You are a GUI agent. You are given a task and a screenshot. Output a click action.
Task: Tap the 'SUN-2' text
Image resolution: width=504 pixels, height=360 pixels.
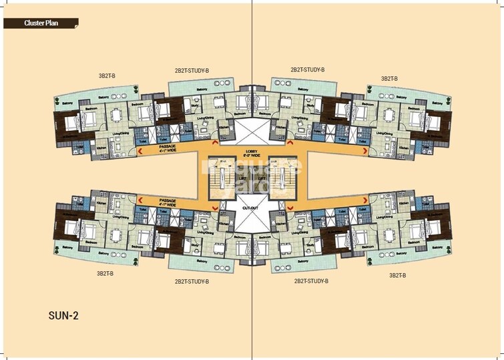(x=63, y=315)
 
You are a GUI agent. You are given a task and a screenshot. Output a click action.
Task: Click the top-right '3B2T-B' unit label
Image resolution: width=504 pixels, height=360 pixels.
(x=389, y=78)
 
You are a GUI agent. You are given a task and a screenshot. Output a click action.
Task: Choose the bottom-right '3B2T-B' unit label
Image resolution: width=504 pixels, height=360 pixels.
(x=398, y=275)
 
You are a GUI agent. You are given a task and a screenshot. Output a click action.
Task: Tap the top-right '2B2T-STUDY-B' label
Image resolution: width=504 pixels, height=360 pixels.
(x=307, y=69)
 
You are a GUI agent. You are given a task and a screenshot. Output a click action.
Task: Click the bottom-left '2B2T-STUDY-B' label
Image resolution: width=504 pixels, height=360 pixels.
(x=192, y=282)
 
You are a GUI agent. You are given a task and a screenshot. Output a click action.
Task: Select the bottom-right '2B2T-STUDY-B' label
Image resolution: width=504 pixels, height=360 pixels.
(x=311, y=282)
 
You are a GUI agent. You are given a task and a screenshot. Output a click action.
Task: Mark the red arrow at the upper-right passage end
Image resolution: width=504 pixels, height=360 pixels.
(x=365, y=152)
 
